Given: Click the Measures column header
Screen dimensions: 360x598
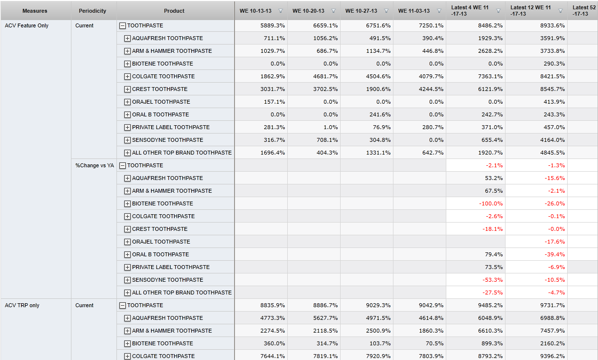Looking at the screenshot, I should [x=35, y=11].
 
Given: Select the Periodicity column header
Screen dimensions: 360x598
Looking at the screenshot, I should [x=92, y=11].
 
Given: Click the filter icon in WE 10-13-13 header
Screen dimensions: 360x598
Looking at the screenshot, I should [x=280, y=11].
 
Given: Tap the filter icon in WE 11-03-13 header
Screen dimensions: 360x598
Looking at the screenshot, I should [x=439, y=11].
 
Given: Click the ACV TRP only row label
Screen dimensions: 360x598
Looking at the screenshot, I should [x=22, y=305].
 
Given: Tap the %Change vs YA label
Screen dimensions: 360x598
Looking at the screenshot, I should [x=94, y=165].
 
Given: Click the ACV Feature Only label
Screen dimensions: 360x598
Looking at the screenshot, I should [x=26, y=25].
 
